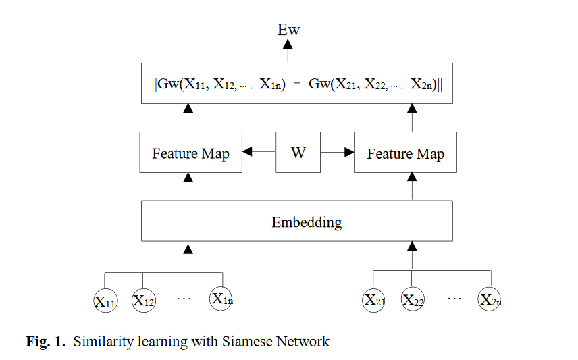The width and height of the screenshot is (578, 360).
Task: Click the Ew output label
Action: pos(288,30)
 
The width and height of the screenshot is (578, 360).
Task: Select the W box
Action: pos(298,153)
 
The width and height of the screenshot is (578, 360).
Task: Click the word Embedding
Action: pos(307,223)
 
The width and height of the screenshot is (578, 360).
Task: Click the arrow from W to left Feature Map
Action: pos(259,151)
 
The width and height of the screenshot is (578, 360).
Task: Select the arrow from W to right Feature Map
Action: pos(338,151)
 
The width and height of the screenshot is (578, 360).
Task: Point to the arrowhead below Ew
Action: pos(288,45)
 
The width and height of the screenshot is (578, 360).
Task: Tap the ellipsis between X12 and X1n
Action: pos(184,298)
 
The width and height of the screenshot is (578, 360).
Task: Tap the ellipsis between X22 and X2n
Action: pos(454,298)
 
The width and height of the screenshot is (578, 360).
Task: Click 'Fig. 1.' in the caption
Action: pos(45,342)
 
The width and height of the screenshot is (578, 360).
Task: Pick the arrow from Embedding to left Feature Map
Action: pos(188,186)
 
